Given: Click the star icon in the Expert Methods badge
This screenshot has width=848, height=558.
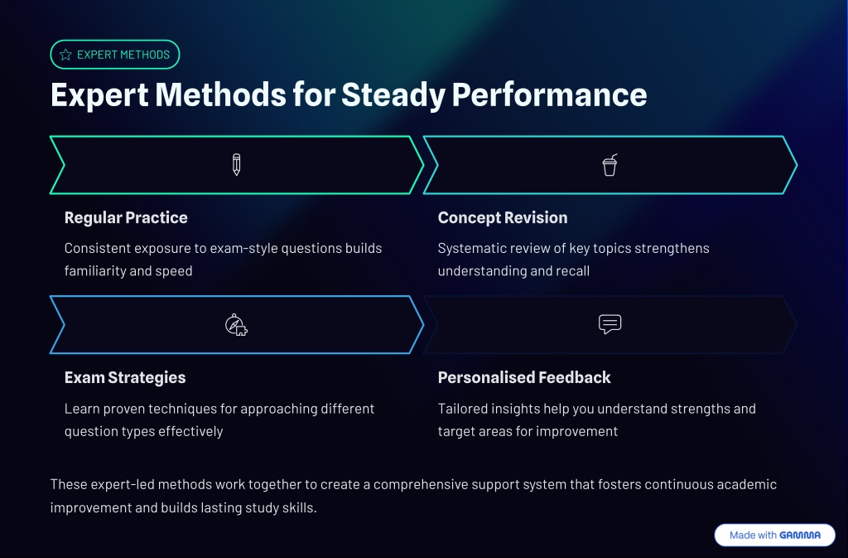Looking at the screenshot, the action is click(65, 55).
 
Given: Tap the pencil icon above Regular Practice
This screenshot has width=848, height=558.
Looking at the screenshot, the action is click(236, 164).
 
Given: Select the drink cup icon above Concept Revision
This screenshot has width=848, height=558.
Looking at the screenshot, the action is click(610, 165).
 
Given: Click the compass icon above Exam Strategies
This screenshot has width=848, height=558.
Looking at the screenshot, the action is click(236, 325).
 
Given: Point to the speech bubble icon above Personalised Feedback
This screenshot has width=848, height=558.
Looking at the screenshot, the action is click(610, 324).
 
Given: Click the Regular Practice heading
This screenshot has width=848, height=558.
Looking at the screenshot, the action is click(126, 217).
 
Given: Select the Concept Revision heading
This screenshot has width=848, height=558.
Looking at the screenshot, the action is click(503, 217).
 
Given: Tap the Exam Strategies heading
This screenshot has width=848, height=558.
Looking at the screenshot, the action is click(125, 377).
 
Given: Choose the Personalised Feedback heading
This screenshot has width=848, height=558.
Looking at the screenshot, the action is click(524, 377).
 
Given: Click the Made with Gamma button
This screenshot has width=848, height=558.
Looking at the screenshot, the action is click(774, 536).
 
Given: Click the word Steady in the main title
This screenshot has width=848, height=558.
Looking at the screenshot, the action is click(393, 95).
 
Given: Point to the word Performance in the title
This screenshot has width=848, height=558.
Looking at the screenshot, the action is click(550, 95).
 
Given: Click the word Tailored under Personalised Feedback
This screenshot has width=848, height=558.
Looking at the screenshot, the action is click(462, 409).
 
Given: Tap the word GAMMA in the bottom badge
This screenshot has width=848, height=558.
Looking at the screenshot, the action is click(800, 536).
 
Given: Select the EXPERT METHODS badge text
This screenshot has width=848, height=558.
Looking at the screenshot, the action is click(123, 55).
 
